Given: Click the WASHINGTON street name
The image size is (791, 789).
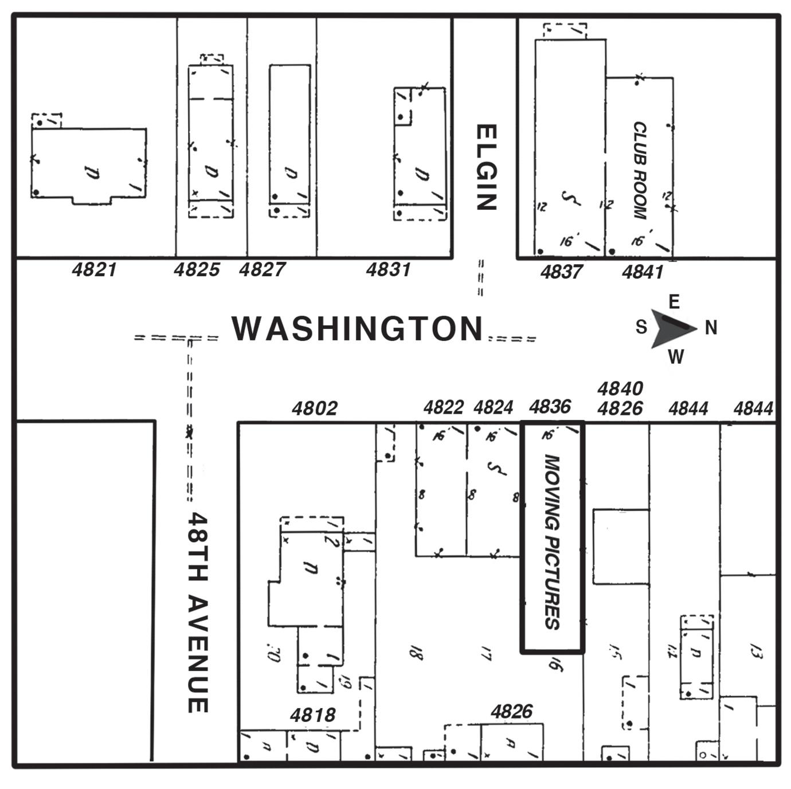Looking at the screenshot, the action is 358,329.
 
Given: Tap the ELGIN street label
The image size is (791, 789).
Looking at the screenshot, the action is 486,168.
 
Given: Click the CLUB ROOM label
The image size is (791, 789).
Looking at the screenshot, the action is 639,170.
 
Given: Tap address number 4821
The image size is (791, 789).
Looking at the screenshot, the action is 95,269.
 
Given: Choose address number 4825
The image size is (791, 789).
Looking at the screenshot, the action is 197,269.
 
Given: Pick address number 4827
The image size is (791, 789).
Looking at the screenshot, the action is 262,269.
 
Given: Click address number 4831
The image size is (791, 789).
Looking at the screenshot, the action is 389,269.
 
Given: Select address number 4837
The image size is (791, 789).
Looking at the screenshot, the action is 561,272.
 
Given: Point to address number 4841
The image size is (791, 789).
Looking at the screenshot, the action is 643,272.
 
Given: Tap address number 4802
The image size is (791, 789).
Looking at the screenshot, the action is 315,409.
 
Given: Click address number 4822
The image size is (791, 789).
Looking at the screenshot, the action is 443,407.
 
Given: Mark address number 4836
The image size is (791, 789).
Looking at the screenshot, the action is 550,407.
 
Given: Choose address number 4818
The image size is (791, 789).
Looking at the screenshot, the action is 312,715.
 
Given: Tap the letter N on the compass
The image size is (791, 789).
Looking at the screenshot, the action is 711,328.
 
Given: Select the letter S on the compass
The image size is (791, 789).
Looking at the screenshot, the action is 641,327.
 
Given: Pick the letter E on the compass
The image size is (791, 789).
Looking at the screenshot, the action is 674,302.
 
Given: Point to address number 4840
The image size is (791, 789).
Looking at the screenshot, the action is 620,389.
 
